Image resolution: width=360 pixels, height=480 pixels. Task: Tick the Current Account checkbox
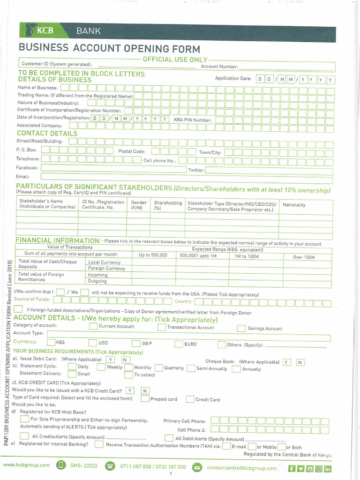(x=93, y=326)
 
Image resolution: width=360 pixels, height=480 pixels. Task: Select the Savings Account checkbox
(x=241, y=328)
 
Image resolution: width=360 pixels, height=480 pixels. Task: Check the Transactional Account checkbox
(x=162, y=327)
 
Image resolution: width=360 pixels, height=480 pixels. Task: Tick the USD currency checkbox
(x=92, y=344)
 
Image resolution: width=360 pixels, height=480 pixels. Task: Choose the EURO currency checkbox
(x=179, y=344)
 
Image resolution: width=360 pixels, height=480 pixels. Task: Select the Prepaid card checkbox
(x=144, y=399)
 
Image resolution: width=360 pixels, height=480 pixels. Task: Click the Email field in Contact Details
(x=186, y=177)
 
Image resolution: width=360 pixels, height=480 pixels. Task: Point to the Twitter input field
(x=268, y=170)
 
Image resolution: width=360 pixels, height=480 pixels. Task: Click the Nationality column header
(x=294, y=205)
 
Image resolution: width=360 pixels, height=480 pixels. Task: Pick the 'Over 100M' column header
(x=304, y=257)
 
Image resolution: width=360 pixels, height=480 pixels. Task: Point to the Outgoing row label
(x=97, y=281)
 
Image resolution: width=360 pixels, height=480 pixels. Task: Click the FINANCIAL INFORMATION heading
(x=57, y=240)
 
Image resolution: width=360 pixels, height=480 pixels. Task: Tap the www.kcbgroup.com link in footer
(x=26, y=465)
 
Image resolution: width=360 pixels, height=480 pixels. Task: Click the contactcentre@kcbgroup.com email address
(x=241, y=468)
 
